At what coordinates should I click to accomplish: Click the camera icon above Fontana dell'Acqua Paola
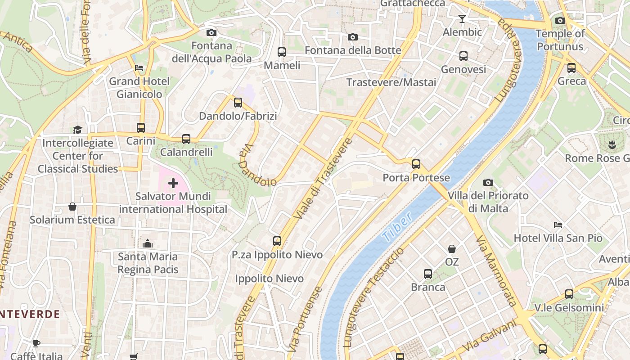[x=211, y=32]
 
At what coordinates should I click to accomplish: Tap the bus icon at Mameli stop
[x=282, y=52]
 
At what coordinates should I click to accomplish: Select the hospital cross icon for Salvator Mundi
[x=173, y=183]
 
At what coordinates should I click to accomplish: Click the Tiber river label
[x=397, y=227]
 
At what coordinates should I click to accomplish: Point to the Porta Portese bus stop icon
[x=416, y=164]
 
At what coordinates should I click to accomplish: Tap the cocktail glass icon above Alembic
[x=462, y=19]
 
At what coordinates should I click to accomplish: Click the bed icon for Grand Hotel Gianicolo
[x=139, y=68]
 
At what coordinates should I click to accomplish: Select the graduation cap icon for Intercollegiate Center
[x=78, y=130]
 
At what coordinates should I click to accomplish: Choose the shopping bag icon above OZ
[x=452, y=249]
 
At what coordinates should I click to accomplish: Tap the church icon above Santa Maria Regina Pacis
[x=148, y=243]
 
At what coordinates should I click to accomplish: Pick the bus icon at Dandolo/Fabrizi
[x=238, y=103]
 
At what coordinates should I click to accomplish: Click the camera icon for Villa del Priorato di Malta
[x=488, y=182]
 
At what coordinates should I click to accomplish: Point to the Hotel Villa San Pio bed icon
[x=558, y=225]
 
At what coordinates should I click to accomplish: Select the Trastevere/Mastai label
[x=391, y=82]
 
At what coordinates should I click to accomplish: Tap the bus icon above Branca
[x=428, y=274]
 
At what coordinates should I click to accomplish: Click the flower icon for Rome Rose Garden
[x=612, y=145]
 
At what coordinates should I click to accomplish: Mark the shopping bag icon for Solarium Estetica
[x=72, y=207]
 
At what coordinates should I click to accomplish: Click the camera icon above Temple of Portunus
[x=560, y=20]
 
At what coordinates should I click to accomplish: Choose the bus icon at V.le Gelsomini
[x=569, y=294]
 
